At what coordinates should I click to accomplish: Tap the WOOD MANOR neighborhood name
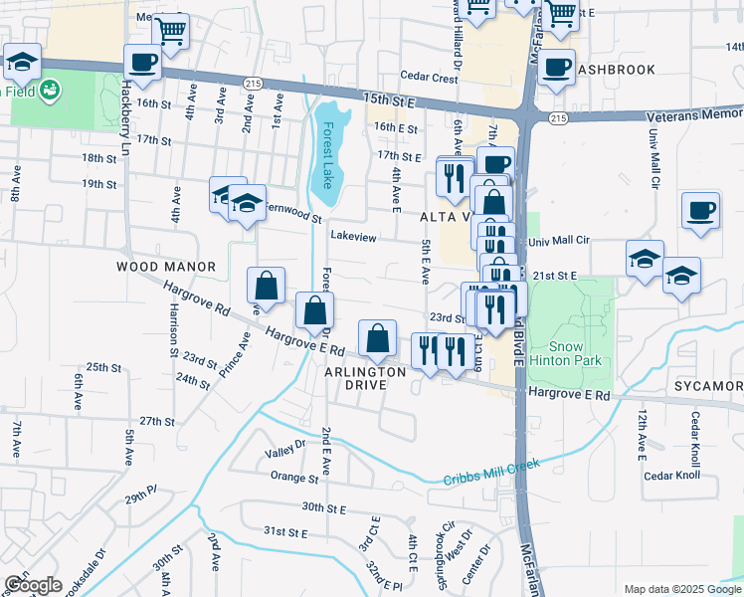coord(166,267)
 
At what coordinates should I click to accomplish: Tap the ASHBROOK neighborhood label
coord(617,70)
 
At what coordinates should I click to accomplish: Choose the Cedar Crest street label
coord(429,77)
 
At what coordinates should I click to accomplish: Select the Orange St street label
coord(293,478)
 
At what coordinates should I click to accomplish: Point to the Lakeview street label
coord(353,237)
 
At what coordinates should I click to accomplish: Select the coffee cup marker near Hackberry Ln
coord(142,62)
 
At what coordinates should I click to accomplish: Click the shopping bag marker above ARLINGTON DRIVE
coord(378,338)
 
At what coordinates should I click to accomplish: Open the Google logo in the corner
coord(33,585)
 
